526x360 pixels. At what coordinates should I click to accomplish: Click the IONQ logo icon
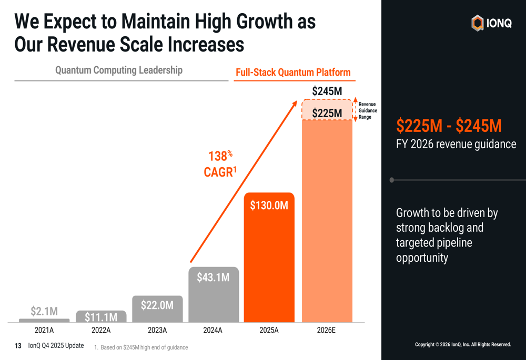click(x=477, y=23)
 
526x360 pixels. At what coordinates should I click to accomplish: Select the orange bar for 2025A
click(x=269, y=263)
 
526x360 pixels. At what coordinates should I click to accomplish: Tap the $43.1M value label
click(x=213, y=277)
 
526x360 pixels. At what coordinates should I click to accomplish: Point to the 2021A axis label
click(x=44, y=331)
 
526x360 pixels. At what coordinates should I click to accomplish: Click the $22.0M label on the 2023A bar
click(x=157, y=305)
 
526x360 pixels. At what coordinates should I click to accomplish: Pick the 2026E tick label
click(x=326, y=331)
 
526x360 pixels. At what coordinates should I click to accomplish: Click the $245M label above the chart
click(x=327, y=91)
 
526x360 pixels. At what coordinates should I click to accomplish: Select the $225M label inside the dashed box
click(x=327, y=113)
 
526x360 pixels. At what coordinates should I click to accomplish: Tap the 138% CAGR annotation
click(x=218, y=164)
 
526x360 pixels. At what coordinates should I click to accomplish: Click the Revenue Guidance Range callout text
click(x=367, y=111)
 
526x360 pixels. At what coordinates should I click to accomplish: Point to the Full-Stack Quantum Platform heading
click(x=293, y=73)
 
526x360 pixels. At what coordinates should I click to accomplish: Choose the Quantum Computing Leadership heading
click(x=119, y=70)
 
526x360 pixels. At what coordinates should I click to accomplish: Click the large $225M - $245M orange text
click(x=449, y=126)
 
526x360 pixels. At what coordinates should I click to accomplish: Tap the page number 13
click(x=18, y=346)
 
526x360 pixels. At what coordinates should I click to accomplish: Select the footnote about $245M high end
click(x=140, y=347)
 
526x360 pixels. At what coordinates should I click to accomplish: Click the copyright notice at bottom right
click(x=463, y=345)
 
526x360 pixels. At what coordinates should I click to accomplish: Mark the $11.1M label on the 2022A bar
click(x=100, y=317)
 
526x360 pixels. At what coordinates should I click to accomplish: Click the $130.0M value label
click(x=269, y=205)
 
